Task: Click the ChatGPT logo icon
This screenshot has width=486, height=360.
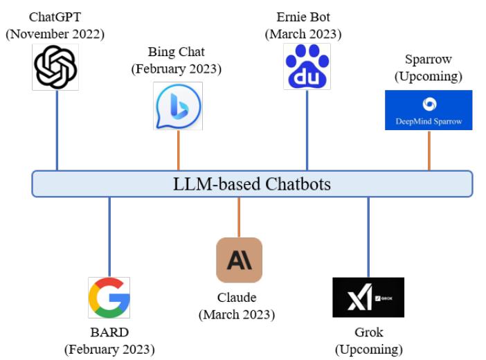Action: coord(57,67)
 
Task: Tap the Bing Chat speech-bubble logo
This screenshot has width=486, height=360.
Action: coord(178,106)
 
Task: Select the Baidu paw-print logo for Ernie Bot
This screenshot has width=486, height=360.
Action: coord(307,67)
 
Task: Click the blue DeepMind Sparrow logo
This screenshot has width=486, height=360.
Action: coord(429,109)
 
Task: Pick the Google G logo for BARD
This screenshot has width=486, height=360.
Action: coord(109,297)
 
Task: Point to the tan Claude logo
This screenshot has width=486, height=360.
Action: coord(239,260)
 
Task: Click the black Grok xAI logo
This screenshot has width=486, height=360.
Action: coord(368,297)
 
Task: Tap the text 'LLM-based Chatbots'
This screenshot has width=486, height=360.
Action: coord(252,184)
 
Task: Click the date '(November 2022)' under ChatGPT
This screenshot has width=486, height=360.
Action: coord(56,33)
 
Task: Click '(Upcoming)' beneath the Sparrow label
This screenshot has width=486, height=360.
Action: coord(429,75)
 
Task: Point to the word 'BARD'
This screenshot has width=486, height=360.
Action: coord(109,332)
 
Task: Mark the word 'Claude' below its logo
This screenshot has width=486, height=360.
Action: coord(237,298)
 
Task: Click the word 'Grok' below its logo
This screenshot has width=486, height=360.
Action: coord(368,332)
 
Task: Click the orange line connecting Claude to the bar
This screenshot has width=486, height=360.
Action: coord(239,217)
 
